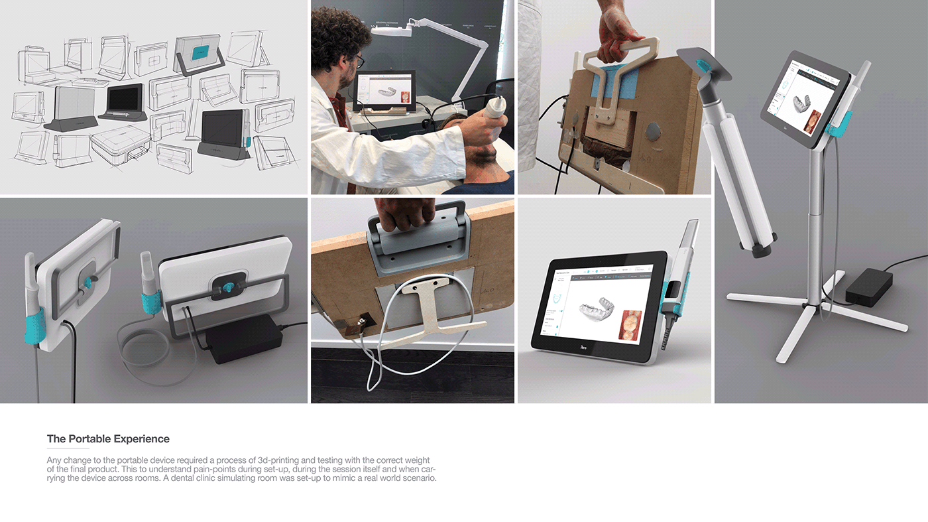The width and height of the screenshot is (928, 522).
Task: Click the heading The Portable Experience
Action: point(108,439)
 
